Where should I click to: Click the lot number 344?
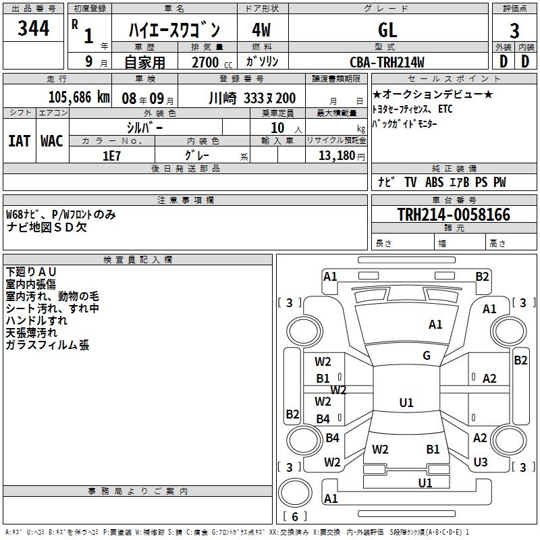click(x=34, y=28)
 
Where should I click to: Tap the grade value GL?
click(x=387, y=29)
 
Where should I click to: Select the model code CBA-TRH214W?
click(x=387, y=62)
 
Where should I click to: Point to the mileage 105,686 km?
click(x=79, y=97)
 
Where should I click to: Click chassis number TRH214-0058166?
click(x=454, y=215)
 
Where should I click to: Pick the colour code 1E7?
click(x=111, y=155)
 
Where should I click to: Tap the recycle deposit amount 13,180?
click(x=335, y=155)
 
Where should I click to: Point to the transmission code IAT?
click(x=19, y=140)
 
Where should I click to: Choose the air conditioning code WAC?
click(x=51, y=140)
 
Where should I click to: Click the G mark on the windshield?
click(x=427, y=356)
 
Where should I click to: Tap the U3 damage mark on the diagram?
click(x=480, y=462)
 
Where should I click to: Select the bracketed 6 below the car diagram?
click(x=296, y=516)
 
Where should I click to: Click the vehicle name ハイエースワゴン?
click(x=174, y=29)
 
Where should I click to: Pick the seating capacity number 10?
click(x=277, y=127)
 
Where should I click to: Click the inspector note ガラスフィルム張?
click(x=47, y=345)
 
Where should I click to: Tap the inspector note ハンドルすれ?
click(x=36, y=321)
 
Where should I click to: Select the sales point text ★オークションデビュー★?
click(x=433, y=94)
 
